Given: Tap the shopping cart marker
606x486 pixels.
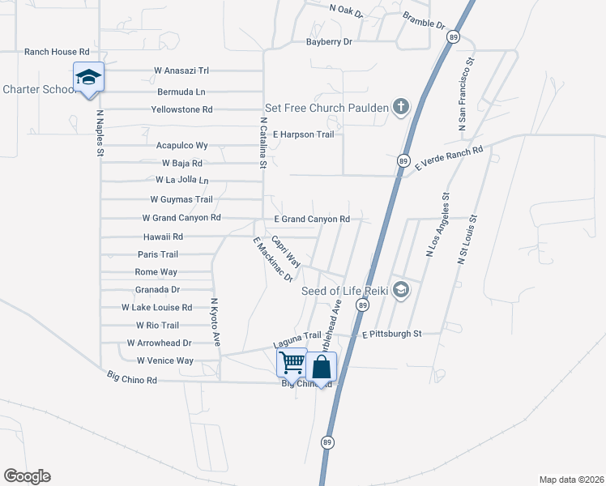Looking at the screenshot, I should (292, 364).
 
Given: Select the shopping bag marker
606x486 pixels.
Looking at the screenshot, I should (322, 366).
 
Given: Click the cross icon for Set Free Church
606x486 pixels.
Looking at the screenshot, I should (400, 108).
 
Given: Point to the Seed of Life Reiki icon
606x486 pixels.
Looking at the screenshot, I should (399, 291).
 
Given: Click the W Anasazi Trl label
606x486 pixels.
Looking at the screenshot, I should (181, 70).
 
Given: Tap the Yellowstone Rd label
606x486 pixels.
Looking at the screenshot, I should (181, 109).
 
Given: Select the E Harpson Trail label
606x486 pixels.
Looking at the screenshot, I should (303, 134).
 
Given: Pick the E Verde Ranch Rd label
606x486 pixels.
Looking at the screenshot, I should (448, 157).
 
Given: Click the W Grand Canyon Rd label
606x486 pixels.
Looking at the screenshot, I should (181, 218).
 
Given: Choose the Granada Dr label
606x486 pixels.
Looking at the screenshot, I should (157, 289).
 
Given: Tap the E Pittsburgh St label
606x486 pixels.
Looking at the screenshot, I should (392, 333).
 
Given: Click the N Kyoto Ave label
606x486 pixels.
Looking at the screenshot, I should (216, 322).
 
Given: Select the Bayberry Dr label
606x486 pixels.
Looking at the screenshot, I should (329, 41).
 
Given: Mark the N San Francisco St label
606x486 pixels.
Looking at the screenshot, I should (465, 95).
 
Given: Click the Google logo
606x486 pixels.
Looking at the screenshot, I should (27, 476).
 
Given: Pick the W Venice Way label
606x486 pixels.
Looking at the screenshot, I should (164, 360).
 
